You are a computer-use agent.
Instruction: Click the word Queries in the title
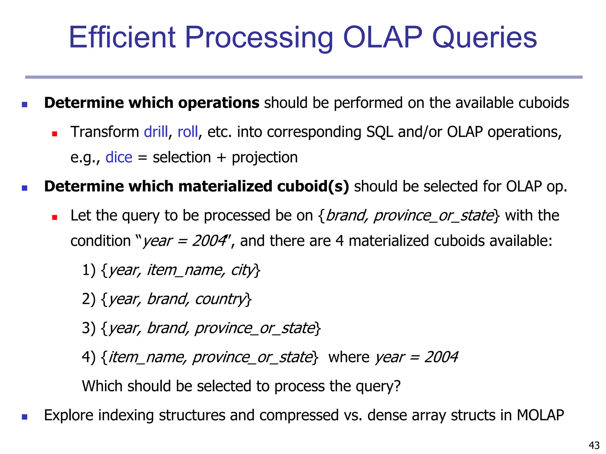pyautogui.click(x=484, y=38)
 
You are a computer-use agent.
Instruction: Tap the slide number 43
pyautogui.click(x=594, y=445)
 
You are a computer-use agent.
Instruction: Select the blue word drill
pyautogui.click(x=156, y=132)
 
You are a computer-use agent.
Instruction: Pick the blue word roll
pyautogui.click(x=188, y=132)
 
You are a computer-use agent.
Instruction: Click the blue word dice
pyautogui.click(x=119, y=157)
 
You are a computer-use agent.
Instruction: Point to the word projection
pyautogui.click(x=265, y=158)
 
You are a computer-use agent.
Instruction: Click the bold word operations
pyautogui.click(x=219, y=103)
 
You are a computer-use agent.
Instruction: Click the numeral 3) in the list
pyautogui.click(x=88, y=328)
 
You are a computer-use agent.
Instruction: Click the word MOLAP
pyautogui.click(x=540, y=415)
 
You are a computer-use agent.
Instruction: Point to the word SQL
pyautogui.click(x=380, y=132)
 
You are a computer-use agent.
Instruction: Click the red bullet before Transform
pyautogui.click(x=54, y=134)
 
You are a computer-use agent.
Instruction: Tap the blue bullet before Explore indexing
pyautogui.click(x=25, y=417)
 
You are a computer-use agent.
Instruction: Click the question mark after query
pyautogui.click(x=397, y=386)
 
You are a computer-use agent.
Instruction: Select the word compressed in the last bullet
pyautogui.click(x=299, y=416)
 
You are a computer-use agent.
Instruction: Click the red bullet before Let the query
pyautogui.click(x=54, y=218)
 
